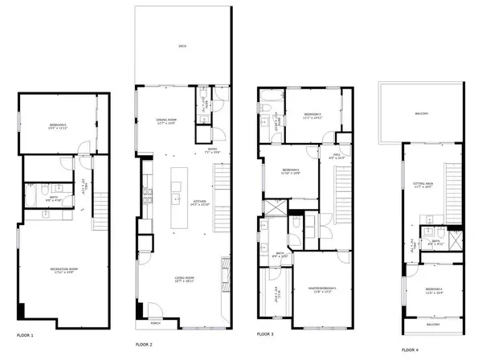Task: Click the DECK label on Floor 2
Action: click(182, 47)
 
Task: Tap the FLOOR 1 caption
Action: click(30, 333)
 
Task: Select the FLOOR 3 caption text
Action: click(266, 333)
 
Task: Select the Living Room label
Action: click(186, 280)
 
